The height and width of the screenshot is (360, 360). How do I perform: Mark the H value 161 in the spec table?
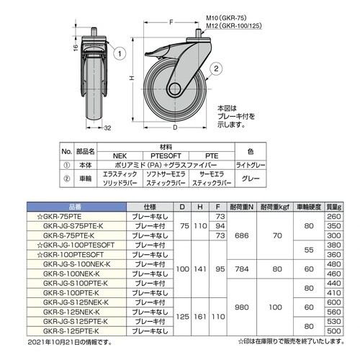[x=199, y=316]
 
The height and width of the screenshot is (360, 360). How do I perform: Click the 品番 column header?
[x=75, y=206]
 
